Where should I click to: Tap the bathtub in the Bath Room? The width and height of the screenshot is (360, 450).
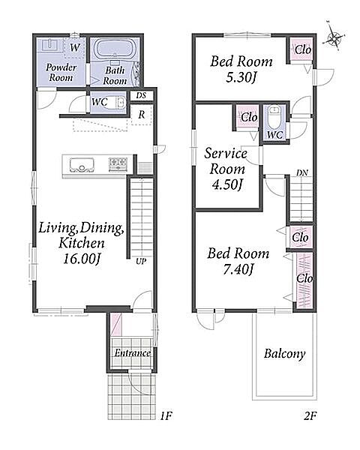[115, 49]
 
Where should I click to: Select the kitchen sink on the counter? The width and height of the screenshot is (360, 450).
[82, 165]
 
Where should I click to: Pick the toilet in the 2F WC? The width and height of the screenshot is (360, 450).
[274, 117]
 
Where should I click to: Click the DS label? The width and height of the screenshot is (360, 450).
[141, 95]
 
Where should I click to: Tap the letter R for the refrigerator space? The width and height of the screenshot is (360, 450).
[142, 115]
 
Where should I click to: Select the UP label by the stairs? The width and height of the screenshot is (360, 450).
[141, 261]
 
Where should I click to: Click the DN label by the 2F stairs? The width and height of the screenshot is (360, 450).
[302, 172]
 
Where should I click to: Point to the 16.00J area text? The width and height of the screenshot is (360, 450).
[81, 259]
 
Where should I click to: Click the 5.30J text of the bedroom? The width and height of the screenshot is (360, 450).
[241, 77]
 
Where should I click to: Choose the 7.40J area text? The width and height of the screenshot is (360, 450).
[238, 269]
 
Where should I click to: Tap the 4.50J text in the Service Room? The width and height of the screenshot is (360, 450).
[227, 184]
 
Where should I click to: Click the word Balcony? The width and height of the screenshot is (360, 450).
[284, 353]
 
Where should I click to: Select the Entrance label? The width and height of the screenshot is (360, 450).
[132, 352]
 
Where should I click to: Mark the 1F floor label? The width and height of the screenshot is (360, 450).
[166, 415]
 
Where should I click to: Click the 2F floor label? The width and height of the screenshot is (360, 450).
[310, 415]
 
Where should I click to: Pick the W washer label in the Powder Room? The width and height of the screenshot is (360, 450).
[75, 47]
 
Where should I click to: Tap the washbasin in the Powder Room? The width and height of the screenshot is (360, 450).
[50, 45]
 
